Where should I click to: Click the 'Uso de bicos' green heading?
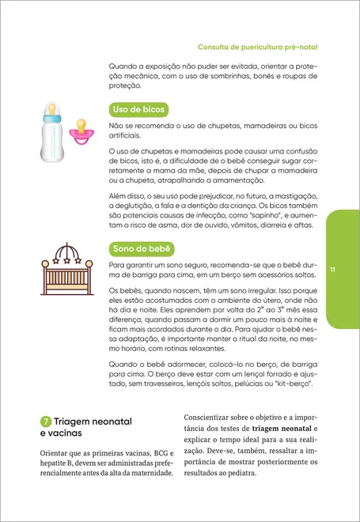(x=138, y=109)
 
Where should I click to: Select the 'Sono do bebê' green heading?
(x=142, y=250)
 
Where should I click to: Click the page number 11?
(x=333, y=271)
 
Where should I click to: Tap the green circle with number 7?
(x=46, y=422)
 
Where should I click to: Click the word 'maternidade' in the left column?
(x=148, y=473)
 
